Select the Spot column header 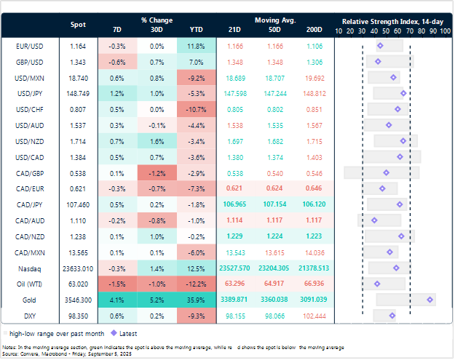[77, 25]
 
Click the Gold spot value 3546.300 [77, 300]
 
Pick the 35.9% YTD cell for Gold [196, 300]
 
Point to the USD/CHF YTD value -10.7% [196, 109]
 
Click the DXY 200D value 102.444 [314, 316]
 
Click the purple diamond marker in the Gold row [431, 300]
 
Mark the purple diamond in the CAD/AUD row [374, 220]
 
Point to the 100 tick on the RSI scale [444, 32]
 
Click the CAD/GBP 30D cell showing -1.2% [157, 173]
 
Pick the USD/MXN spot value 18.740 [77, 77]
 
